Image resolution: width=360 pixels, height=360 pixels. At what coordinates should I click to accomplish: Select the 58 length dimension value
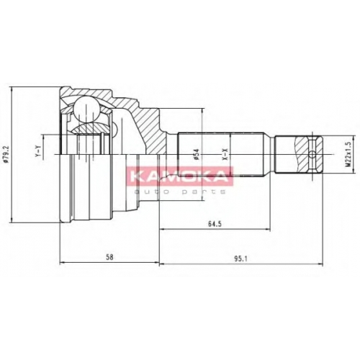tap(109, 257)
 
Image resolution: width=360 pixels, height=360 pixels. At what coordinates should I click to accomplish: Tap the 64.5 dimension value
tap(215, 224)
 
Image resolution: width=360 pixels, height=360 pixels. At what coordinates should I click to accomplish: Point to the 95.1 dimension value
tap(240, 259)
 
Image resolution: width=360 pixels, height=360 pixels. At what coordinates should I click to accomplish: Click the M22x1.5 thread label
tap(348, 154)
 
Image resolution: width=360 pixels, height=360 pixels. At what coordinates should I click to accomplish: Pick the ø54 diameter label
tap(197, 154)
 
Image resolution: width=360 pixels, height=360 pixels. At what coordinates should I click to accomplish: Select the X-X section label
tap(225, 154)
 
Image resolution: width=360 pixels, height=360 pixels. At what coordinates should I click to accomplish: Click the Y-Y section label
tap(38, 152)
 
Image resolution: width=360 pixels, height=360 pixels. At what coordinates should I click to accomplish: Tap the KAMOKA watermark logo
tap(179, 176)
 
